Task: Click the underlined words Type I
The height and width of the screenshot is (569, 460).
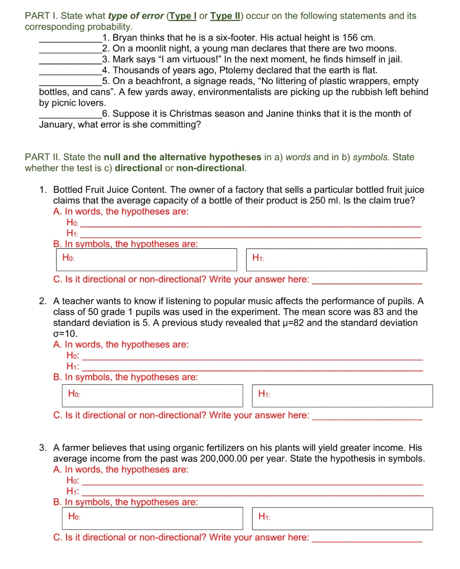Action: (183, 16)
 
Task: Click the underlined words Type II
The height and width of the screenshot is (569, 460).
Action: (226, 16)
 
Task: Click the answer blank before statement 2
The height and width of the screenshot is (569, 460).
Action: (70, 49)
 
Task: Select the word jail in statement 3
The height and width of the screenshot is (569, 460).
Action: (393, 59)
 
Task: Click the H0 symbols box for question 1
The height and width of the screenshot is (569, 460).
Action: (147, 260)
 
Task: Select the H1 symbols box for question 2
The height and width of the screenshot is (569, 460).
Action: (342, 395)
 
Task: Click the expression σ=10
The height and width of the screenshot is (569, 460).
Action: (65, 334)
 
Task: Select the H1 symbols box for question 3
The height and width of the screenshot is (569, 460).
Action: (342, 518)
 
